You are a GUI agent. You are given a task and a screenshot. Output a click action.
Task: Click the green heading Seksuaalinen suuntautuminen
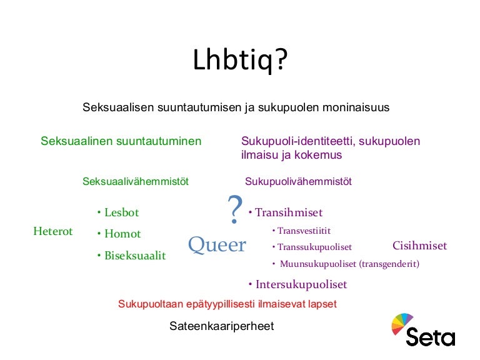pos(121,141)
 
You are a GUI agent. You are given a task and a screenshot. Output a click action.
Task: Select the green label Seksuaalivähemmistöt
pos(136,182)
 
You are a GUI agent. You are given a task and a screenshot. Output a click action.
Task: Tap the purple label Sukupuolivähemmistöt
pos(298,182)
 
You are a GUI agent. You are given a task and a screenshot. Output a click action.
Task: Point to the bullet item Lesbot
pos(121,212)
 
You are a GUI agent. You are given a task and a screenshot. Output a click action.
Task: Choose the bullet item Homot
pos(122,234)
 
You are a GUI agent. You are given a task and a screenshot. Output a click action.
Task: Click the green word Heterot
pos(53,232)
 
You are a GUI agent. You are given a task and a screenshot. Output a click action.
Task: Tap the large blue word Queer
pos(217,245)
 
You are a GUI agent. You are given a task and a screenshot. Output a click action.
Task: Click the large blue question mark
pos(234,211)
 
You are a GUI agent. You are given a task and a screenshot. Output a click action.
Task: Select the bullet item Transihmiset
pos(288,212)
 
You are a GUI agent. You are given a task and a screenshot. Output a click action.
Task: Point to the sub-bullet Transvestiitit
pos(304,231)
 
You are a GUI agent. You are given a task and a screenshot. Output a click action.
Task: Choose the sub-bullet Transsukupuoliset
pos(314,247)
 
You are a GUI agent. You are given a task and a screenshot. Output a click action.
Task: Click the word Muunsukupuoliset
pos(318,264)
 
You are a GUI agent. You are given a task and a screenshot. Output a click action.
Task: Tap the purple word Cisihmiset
pos(419,246)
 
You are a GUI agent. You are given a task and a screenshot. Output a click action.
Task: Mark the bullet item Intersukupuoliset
pos(301,285)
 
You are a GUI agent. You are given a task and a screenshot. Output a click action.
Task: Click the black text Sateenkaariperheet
pos(222,326)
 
